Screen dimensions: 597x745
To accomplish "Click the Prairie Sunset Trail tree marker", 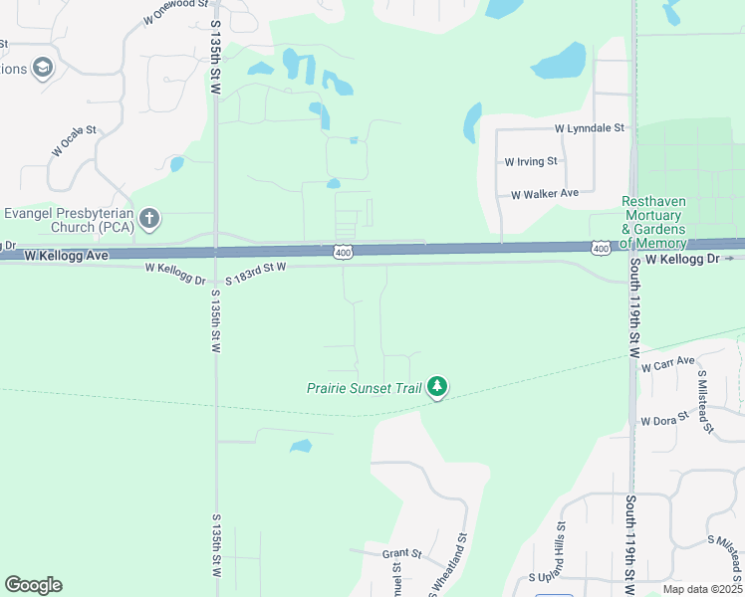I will [436, 387].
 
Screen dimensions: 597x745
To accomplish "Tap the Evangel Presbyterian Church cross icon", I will [149, 218].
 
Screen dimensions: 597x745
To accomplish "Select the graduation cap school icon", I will [42, 68].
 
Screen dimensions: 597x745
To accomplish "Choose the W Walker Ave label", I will [545, 194].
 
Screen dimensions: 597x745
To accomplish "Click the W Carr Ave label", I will [668, 364].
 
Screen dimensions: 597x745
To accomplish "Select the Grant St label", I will [401, 553].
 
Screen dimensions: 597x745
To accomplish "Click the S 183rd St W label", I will [255, 274].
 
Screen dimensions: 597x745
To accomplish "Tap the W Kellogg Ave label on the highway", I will [66, 256].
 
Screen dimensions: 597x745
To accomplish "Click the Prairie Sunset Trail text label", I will [364, 387].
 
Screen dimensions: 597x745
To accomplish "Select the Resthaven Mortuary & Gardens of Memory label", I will [653, 222].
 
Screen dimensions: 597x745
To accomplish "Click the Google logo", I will [33, 585].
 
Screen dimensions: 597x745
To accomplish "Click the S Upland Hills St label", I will [547, 563].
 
